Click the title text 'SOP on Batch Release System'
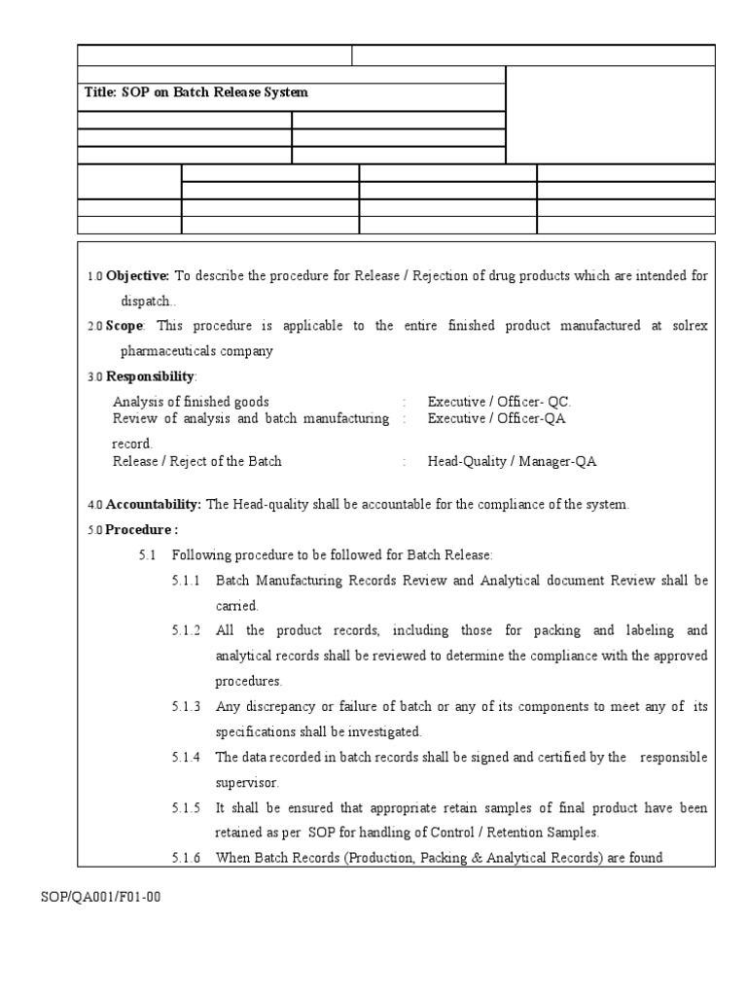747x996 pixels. point(214,92)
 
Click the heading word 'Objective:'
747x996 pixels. point(138,276)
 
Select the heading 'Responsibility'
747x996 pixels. point(151,376)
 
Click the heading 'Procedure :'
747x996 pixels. point(142,529)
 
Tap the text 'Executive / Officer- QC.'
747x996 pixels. point(500,402)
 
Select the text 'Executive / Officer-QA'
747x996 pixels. point(496,418)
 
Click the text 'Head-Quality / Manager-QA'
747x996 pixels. point(512,461)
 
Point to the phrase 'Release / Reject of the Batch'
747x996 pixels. point(197,461)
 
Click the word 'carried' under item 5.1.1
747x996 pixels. point(236,605)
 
